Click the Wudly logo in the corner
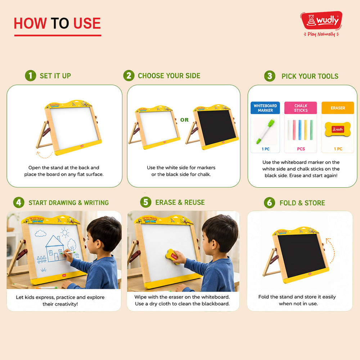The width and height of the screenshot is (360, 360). point(321,24)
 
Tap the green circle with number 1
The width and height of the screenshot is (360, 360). point(31,76)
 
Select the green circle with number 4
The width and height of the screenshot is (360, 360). point(19,202)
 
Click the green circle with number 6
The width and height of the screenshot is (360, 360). point(270,203)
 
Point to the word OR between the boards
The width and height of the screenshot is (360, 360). point(184,120)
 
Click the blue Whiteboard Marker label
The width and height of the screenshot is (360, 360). point(265,108)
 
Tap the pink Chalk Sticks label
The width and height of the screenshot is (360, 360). point(301,108)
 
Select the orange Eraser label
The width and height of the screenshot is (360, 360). point(338,108)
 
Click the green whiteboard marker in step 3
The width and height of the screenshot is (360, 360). point(266,131)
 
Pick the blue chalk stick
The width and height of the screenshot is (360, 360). point(300,130)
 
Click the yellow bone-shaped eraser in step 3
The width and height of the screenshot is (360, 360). point(338,130)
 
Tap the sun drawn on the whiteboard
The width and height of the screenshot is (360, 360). point(65,233)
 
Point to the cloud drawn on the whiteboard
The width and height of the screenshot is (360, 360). point(40,233)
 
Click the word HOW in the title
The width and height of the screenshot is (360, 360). point(30,23)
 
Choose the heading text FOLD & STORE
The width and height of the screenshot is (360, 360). point(302,203)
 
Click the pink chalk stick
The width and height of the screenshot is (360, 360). point(294,130)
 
